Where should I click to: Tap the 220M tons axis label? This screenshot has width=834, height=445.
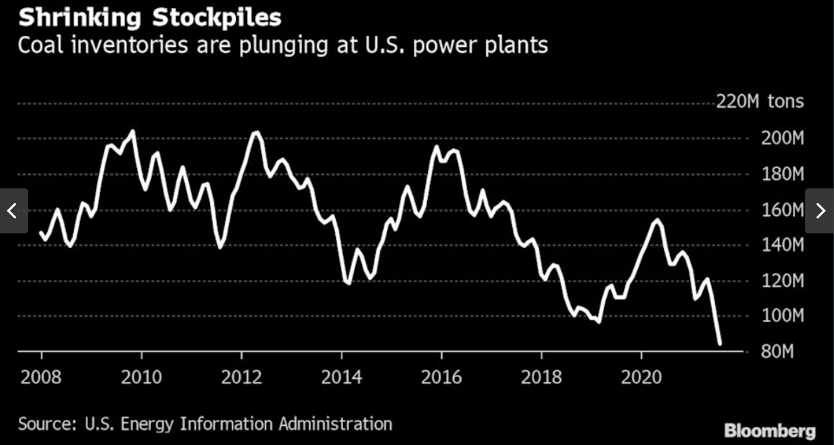(x=760, y=103)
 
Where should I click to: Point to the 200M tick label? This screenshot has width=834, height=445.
(x=782, y=138)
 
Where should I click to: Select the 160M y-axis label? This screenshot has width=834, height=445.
(x=782, y=209)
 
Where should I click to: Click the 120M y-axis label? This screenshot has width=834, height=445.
(x=782, y=280)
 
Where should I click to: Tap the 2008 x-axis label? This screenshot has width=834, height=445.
(x=41, y=378)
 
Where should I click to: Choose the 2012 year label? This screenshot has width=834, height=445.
(x=241, y=378)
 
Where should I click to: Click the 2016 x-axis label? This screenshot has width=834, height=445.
(x=441, y=378)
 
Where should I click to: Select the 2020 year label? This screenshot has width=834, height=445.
(x=641, y=378)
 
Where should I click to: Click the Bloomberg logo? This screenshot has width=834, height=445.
(x=770, y=430)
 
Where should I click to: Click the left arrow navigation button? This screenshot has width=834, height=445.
(x=13, y=211)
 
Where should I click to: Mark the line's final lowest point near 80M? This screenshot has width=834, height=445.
(x=720, y=344)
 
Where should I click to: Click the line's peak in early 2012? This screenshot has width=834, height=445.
(x=256, y=131)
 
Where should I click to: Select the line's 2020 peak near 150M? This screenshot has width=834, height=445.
(x=657, y=220)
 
